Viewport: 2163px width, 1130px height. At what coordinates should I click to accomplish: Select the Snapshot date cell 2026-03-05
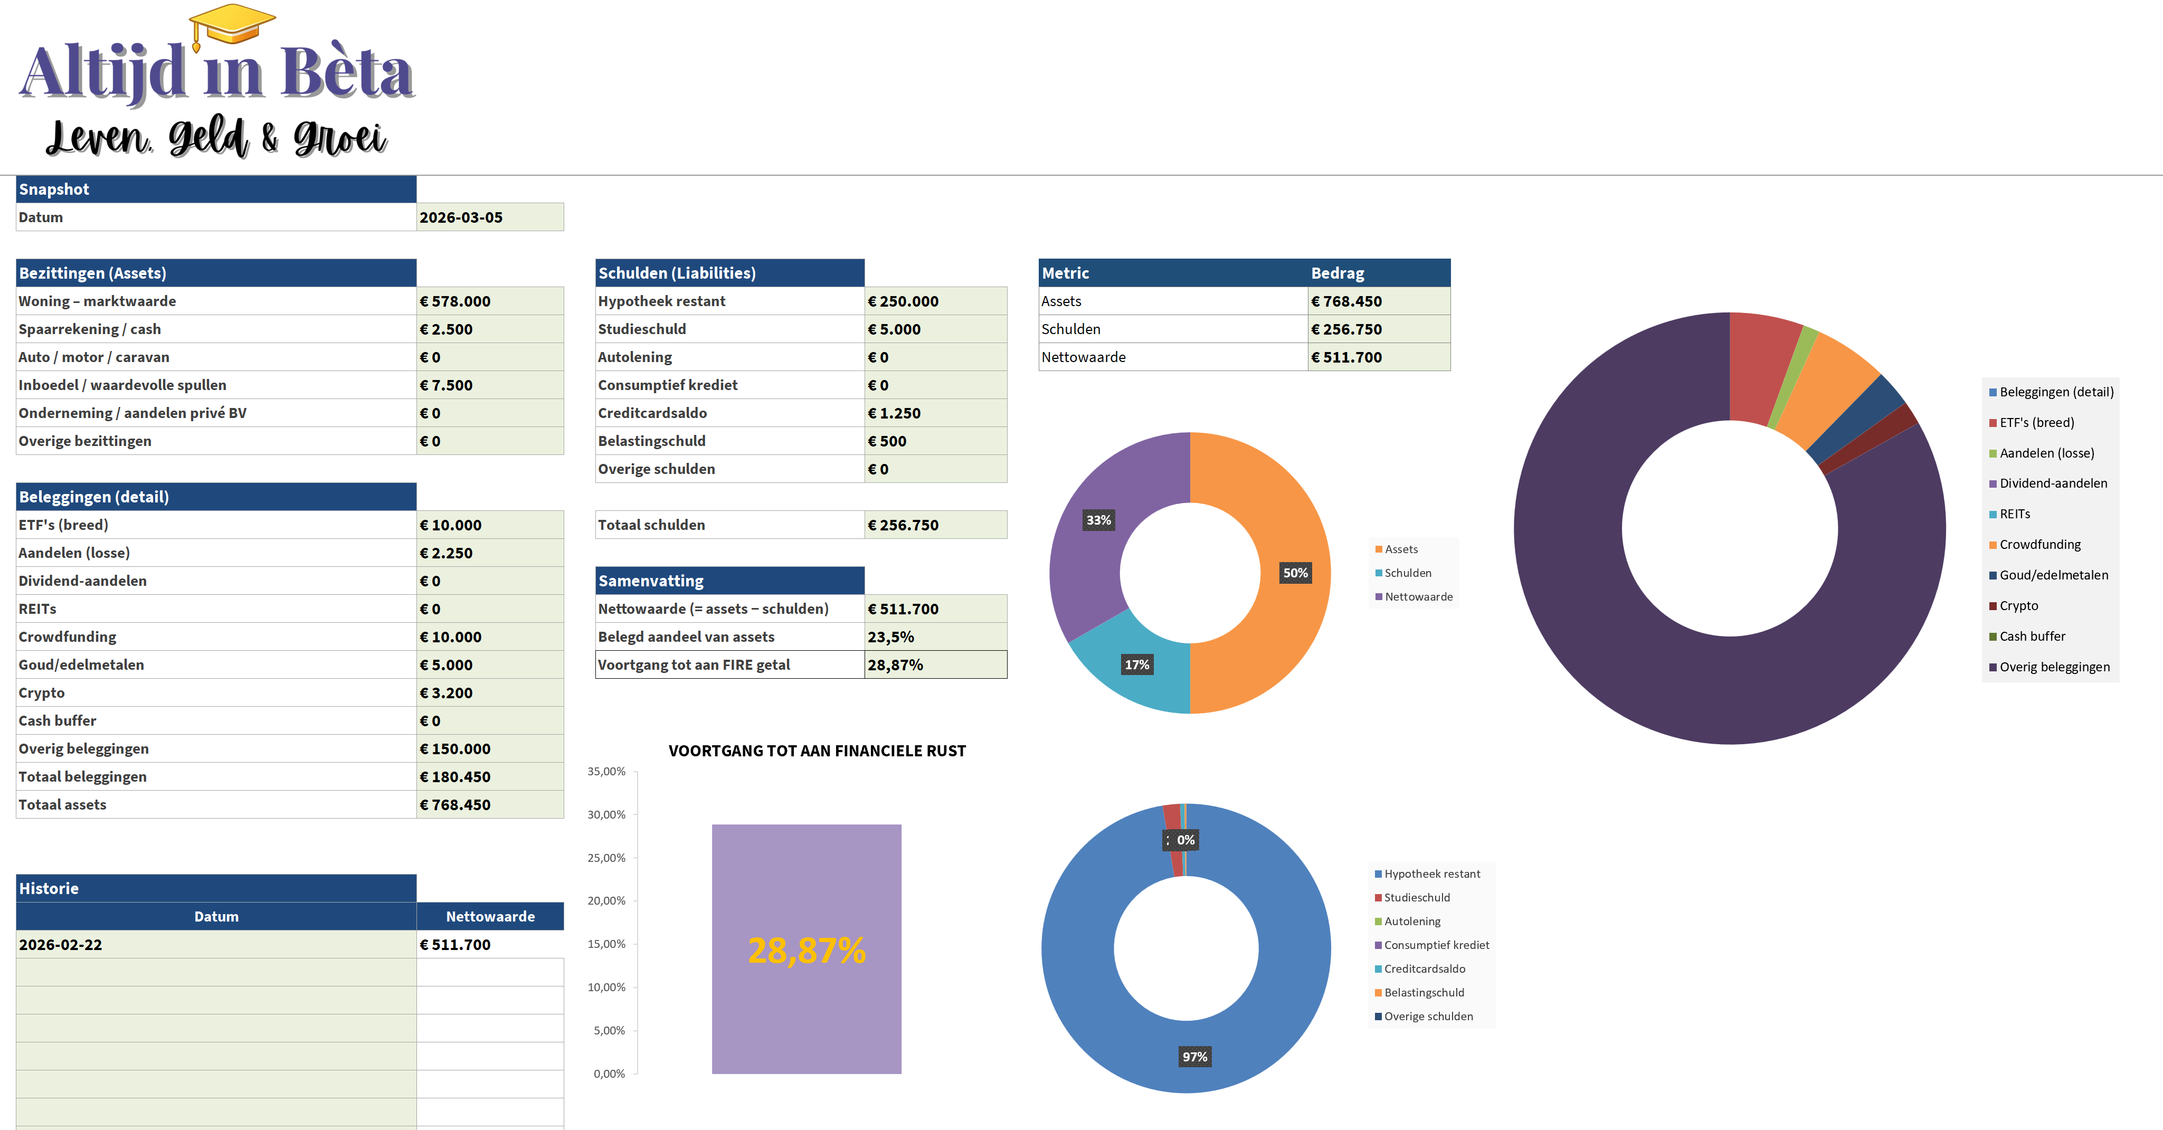point(489,217)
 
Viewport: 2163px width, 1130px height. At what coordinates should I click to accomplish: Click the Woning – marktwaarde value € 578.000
point(489,301)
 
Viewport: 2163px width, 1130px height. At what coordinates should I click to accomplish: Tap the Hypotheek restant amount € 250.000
point(935,301)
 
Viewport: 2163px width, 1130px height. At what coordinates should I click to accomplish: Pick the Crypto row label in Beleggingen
point(42,692)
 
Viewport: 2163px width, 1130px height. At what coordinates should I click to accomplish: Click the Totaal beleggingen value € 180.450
point(489,776)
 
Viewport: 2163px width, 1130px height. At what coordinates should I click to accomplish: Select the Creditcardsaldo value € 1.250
point(935,413)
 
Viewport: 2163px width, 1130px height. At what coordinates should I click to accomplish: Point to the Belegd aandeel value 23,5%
point(935,637)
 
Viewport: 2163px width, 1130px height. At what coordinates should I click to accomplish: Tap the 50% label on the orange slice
point(1295,573)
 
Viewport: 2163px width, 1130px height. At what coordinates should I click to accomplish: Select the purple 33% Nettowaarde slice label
point(1098,520)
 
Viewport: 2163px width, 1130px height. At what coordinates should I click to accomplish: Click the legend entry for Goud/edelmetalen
point(2053,575)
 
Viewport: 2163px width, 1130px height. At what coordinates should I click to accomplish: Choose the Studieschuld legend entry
point(1417,897)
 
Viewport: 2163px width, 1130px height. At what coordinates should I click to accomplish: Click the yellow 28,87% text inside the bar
point(806,951)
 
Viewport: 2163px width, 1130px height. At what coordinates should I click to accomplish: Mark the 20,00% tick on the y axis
point(606,901)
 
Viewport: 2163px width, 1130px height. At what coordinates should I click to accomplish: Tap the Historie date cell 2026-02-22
point(216,944)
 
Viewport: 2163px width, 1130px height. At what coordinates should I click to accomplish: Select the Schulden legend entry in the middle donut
point(1407,573)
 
